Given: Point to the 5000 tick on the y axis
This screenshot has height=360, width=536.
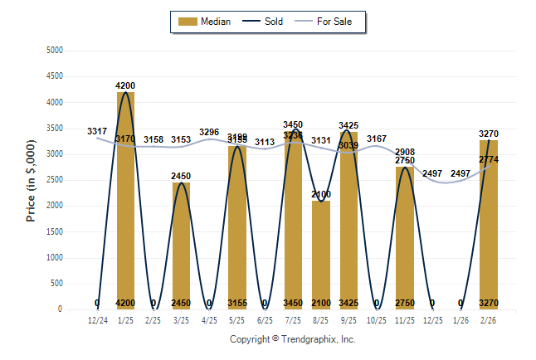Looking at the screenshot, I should coord(54,51).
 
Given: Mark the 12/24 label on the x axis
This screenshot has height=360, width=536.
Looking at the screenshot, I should coord(97,319).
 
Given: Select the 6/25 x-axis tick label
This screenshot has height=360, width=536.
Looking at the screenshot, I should coord(265,319).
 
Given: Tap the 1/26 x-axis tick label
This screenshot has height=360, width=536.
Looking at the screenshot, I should coord(460,319).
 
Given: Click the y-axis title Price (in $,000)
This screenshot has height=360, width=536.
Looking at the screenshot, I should coord(31,180).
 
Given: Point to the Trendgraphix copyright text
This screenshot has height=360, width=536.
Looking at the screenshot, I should coord(292,339).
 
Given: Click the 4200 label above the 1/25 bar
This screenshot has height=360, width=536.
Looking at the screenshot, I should coord(125,86).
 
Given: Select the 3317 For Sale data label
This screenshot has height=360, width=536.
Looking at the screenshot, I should coord(97,131).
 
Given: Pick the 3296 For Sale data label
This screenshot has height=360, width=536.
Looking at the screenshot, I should coord(209,133).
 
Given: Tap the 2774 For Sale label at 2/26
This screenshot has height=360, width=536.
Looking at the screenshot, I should coord(489,159).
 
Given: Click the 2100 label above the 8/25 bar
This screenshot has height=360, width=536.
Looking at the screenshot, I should coord(321,194).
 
